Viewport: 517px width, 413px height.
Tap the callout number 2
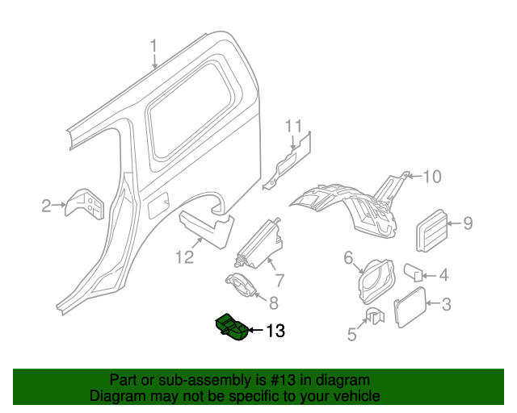coord(47,206)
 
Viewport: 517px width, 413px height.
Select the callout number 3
coord(446,305)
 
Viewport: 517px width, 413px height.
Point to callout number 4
coord(443,275)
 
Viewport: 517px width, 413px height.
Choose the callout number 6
coord(349,258)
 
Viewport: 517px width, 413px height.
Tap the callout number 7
coord(279,281)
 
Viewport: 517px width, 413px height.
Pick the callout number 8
coord(274,303)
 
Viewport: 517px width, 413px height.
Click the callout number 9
coord(468,223)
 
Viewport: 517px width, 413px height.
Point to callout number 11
coord(292,127)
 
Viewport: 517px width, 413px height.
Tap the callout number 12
coord(185,257)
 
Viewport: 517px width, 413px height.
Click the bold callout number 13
coord(275,331)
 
